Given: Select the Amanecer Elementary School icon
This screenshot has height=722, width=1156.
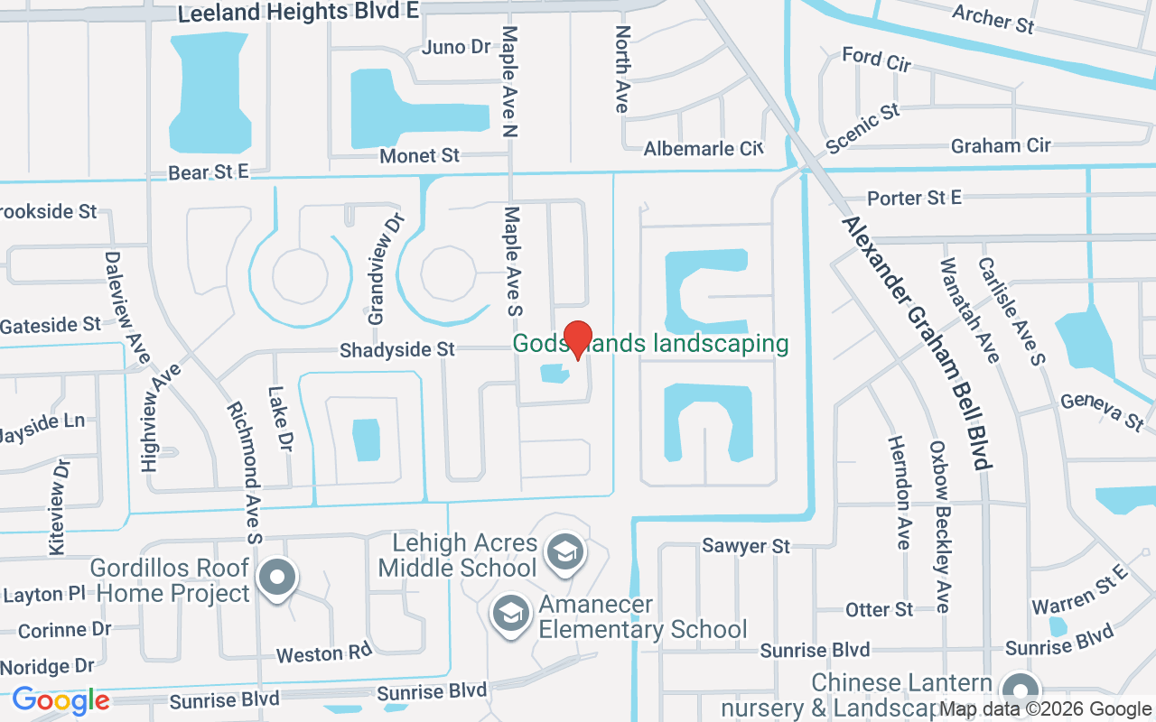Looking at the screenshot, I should [510, 613].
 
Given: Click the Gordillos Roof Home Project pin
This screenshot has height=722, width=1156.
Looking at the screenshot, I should [276, 576].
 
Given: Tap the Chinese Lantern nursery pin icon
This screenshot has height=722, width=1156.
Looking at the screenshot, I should [1021, 690].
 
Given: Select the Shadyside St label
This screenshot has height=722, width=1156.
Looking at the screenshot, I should [397, 349].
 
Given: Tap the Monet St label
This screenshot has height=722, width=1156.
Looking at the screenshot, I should [419, 155].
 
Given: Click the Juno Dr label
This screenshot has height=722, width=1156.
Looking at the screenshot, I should [456, 47].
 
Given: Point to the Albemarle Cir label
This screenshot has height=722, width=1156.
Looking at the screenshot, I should [704, 148].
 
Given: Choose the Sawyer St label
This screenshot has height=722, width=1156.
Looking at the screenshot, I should [746, 546].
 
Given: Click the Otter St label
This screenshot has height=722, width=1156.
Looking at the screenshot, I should [879, 610].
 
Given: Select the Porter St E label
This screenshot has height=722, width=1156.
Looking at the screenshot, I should [915, 198].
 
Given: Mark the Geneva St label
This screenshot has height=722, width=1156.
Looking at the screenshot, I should [1102, 411].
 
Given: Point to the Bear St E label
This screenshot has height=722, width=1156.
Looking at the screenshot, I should [208, 171].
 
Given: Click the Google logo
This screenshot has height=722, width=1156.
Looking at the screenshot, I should [61, 700].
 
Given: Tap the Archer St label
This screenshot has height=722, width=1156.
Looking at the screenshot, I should [993, 18].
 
